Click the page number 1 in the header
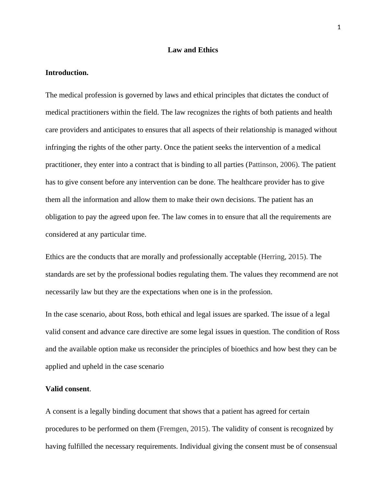tap(339, 28)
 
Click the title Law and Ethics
tap(193, 50)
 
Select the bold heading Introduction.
tap(67, 73)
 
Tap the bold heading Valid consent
tap(67, 389)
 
